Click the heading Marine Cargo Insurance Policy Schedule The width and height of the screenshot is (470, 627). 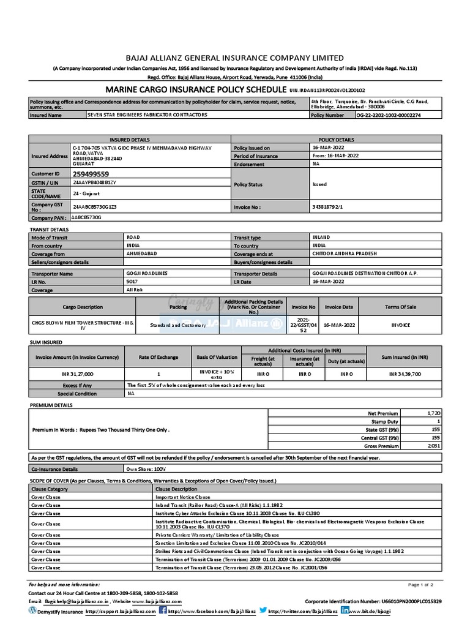[x=196, y=89]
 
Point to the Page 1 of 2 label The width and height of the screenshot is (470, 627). [x=420, y=585]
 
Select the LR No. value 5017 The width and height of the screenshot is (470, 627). [x=132, y=282]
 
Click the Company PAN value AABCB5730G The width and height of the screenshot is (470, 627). [x=86, y=217]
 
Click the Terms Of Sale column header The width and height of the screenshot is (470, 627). [x=401, y=307]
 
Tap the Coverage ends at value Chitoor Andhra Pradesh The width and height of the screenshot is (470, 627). [x=345, y=253]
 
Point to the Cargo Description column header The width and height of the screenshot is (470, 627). [x=83, y=307]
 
